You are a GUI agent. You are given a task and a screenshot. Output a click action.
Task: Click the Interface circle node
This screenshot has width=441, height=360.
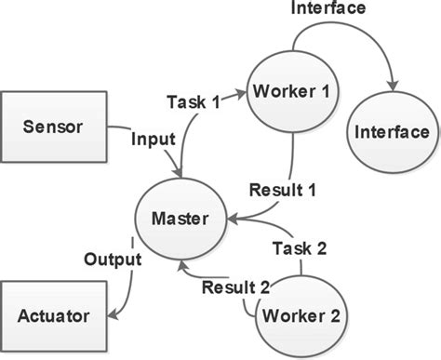(x=391, y=132)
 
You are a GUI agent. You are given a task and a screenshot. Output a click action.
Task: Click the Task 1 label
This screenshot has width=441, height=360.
(x=194, y=100)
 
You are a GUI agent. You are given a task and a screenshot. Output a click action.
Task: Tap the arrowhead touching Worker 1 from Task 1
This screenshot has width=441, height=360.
(x=243, y=90)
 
